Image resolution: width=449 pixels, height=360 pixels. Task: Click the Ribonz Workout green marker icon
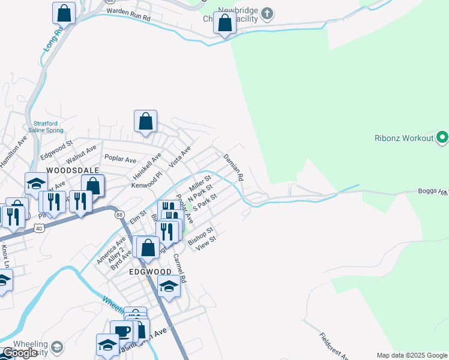[442, 138]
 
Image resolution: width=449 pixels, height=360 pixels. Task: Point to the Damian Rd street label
[233, 167]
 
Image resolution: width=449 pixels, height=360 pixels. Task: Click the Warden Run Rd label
[128, 11]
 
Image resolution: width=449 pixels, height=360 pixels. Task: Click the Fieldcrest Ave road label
[333, 346]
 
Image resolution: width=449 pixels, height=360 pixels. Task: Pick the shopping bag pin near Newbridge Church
[224, 25]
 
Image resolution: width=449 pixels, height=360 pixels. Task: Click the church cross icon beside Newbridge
[267, 13]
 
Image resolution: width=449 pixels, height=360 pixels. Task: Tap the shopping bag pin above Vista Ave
[145, 121]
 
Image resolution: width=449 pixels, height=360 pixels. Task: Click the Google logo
[20, 353]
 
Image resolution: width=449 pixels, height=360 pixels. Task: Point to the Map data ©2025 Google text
[411, 355]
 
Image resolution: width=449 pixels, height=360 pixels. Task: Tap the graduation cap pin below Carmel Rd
[169, 287]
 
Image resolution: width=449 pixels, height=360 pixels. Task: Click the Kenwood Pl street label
[146, 181]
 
